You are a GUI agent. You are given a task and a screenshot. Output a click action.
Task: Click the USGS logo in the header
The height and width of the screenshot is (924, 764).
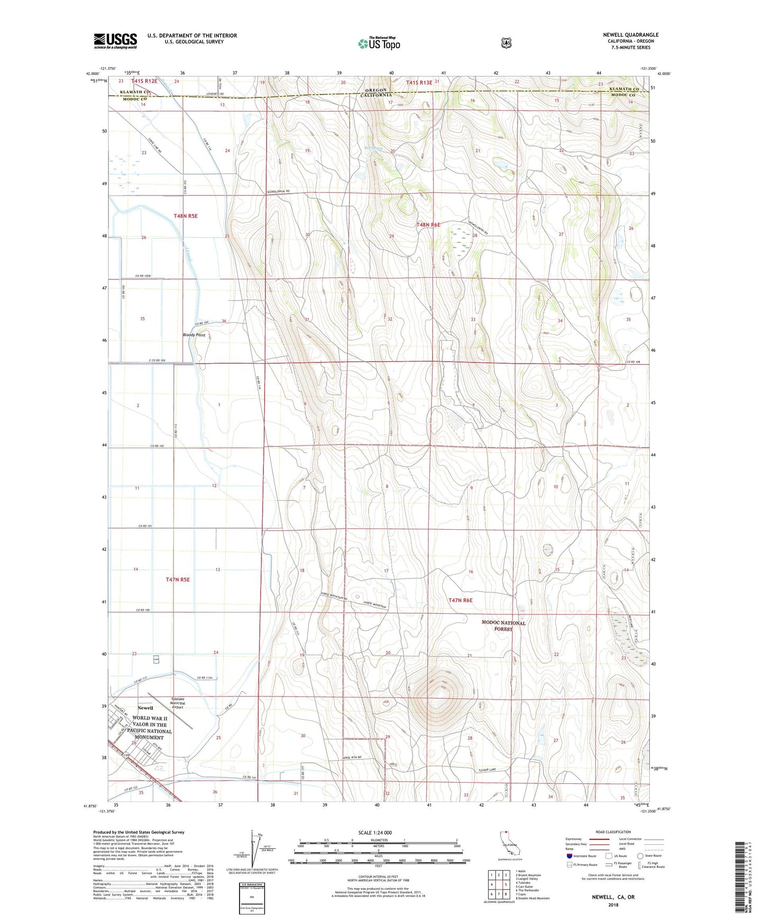pos(115,40)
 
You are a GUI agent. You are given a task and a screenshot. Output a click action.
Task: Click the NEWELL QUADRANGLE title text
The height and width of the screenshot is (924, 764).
pos(630,35)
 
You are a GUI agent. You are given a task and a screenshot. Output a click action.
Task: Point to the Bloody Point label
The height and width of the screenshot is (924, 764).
pos(194,335)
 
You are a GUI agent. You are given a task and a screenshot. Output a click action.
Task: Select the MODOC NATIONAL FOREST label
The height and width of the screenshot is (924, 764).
pos(503,626)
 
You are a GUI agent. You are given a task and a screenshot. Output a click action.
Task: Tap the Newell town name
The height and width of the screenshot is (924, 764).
pos(145,708)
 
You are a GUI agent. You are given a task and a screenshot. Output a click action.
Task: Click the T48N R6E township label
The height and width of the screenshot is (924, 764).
pos(428,225)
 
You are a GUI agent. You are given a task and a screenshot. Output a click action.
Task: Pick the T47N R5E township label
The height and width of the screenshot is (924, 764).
pos(178,579)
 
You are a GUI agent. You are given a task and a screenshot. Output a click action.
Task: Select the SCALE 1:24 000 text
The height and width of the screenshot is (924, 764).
pos(375,832)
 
